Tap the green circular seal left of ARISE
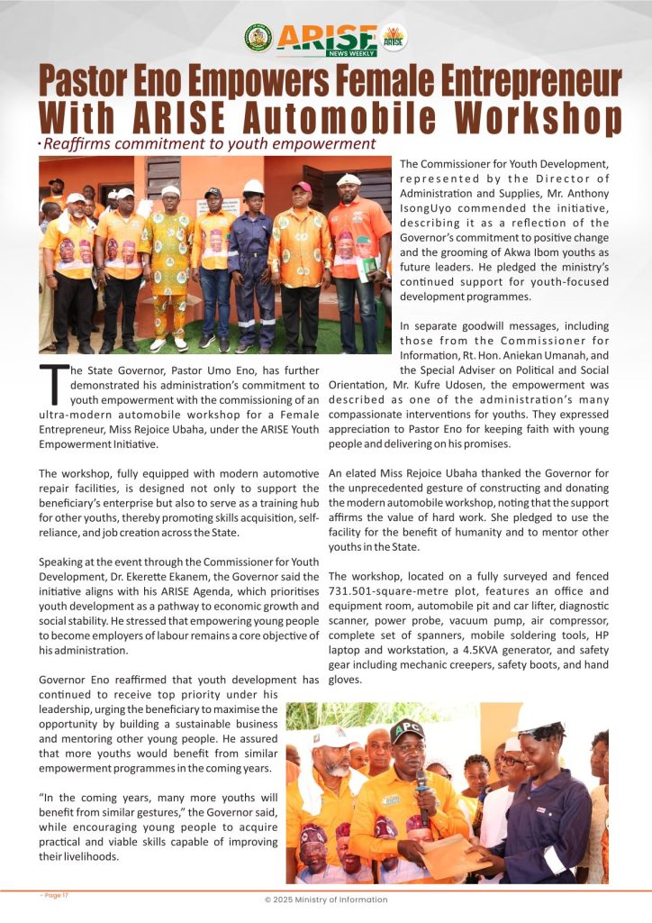click(258, 37)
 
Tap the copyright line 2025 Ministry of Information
click(325, 900)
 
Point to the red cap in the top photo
click(301, 187)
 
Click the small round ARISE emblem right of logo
click(394, 37)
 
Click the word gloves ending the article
click(346, 681)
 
